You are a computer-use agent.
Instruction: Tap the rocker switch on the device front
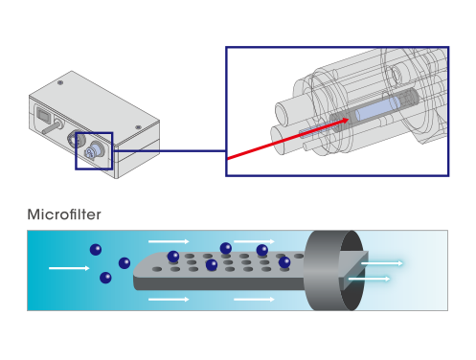point(44,121)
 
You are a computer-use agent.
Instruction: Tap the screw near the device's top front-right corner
point(138,125)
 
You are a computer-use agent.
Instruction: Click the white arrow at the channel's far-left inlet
point(69,268)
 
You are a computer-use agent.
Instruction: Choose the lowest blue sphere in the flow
point(105,279)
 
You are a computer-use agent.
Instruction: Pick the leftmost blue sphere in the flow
point(95,249)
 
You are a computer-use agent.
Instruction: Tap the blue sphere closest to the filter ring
point(284,261)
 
